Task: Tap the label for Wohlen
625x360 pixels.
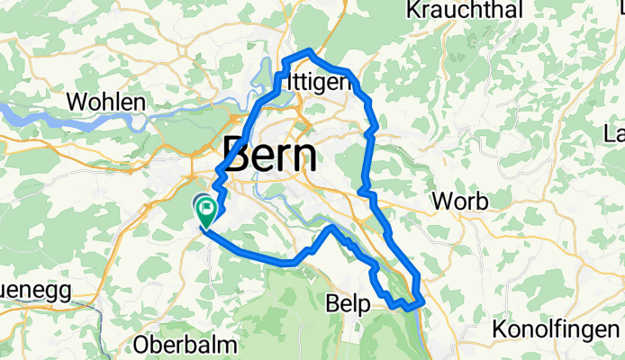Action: click(x=106, y=103)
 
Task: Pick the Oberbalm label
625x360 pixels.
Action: click(x=185, y=344)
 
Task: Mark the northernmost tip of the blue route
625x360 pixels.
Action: click(x=311, y=50)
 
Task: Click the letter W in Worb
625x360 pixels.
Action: click(x=442, y=201)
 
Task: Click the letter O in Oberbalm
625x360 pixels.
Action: click(x=141, y=344)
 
